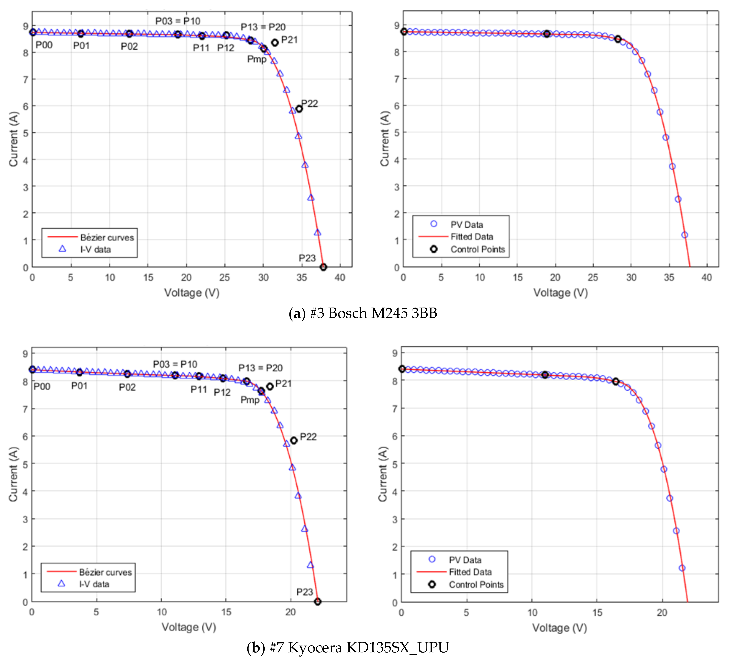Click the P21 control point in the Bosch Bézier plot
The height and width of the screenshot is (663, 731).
(x=275, y=43)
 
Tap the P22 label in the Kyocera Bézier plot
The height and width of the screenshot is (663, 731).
(x=308, y=437)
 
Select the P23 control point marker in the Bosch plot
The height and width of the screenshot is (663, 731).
(x=324, y=267)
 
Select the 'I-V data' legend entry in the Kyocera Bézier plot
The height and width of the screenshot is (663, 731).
(x=94, y=584)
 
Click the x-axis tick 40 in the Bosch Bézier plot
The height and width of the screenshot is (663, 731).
(x=340, y=278)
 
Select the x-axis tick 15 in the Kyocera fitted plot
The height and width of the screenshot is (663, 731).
(x=597, y=613)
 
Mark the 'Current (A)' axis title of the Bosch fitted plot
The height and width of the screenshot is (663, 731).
(x=384, y=139)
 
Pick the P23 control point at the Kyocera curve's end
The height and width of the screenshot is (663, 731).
(x=318, y=602)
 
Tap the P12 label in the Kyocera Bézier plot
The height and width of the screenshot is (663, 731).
(x=222, y=392)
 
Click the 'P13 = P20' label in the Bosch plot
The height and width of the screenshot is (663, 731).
(x=263, y=27)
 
